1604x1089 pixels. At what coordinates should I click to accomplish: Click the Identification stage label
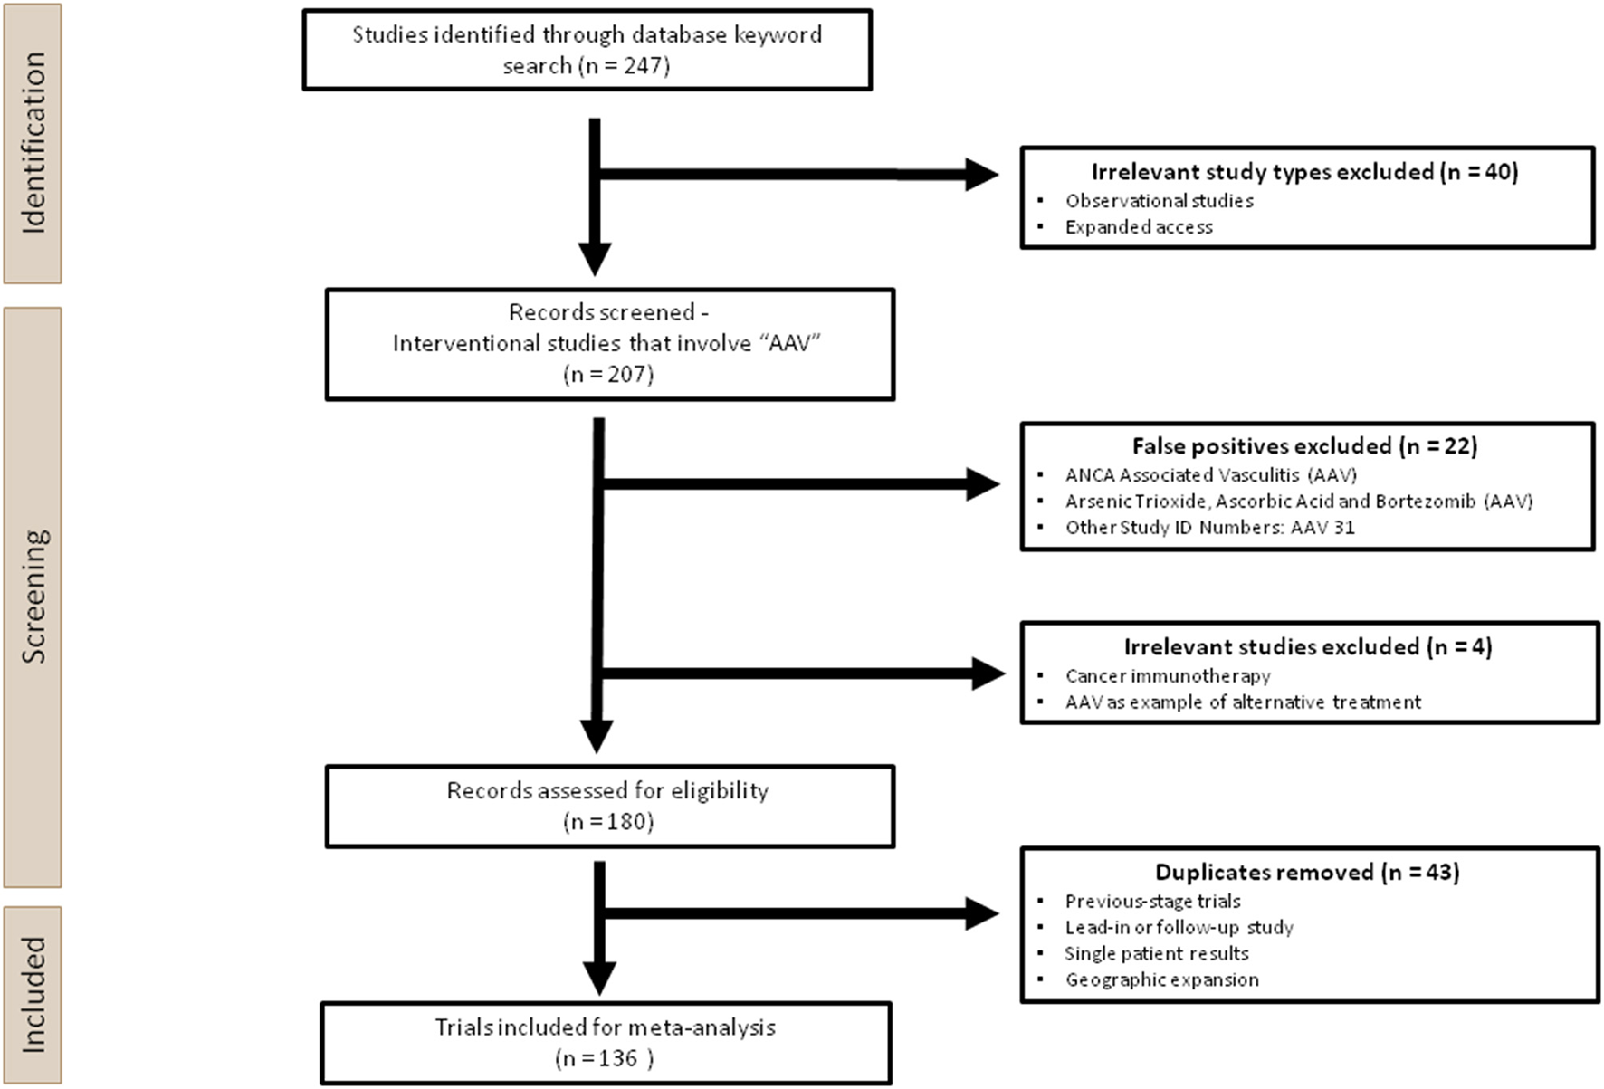[x=33, y=143]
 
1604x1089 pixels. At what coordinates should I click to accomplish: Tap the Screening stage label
[x=33, y=597]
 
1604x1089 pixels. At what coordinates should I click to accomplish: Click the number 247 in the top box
[x=644, y=66]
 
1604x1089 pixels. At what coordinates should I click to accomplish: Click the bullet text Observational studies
[x=1159, y=201]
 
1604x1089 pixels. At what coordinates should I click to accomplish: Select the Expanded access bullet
[x=1138, y=227]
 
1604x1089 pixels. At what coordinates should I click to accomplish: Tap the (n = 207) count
[x=608, y=374]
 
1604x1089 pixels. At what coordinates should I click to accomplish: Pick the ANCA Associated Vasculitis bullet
[x=1210, y=475]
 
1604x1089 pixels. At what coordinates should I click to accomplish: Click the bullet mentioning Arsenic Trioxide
[x=1298, y=502]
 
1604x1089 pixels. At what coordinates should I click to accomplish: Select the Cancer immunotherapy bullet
[x=1168, y=676]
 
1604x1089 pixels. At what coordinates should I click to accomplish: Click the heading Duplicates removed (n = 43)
[x=1307, y=873]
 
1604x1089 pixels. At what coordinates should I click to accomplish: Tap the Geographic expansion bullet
[x=1161, y=980]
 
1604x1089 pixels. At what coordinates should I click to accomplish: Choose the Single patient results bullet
[x=1156, y=954]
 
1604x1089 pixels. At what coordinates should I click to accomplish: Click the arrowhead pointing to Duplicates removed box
[x=981, y=913]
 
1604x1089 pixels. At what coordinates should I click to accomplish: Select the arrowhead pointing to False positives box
[x=981, y=484]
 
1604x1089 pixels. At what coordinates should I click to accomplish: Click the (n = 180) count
[x=608, y=822]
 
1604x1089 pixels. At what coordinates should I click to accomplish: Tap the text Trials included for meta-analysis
[x=605, y=1027]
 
